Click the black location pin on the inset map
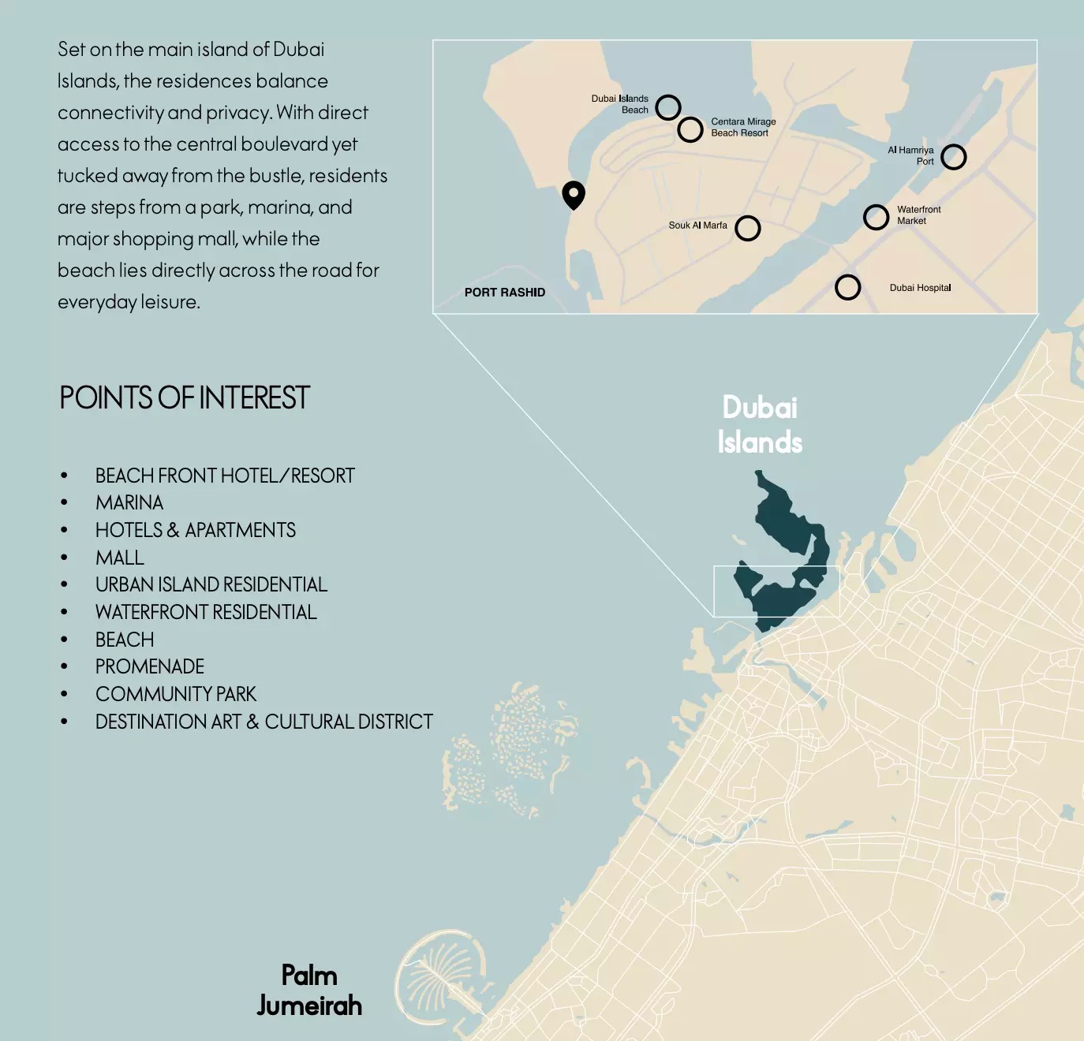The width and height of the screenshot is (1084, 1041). pyautogui.click(x=574, y=194)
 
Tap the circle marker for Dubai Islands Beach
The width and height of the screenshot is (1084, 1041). pyautogui.click(x=667, y=106)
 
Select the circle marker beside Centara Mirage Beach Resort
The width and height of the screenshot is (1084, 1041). pyautogui.click(x=690, y=129)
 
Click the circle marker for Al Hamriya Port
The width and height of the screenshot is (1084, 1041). pyautogui.click(x=953, y=157)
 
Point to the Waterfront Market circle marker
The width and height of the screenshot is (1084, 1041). pyautogui.click(x=876, y=217)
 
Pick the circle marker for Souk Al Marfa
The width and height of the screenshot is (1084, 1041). pyautogui.click(x=747, y=228)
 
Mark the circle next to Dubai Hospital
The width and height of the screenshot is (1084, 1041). pyautogui.click(x=847, y=287)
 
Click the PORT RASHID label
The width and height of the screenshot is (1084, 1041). pyautogui.click(x=504, y=293)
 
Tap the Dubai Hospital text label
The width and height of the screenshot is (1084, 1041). pyautogui.click(x=920, y=288)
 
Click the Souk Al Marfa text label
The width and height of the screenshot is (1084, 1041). pyautogui.click(x=697, y=226)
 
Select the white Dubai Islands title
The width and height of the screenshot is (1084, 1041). pyautogui.click(x=760, y=424)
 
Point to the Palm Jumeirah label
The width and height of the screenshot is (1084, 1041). pyautogui.click(x=309, y=991)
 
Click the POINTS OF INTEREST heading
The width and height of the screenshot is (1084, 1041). pyautogui.click(x=185, y=398)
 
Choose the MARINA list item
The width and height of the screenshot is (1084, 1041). pyautogui.click(x=129, y=503)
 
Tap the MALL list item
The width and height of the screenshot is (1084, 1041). pyautogui.click(x=120, y=558)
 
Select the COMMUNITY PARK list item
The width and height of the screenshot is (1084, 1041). pyautogui.click(x=176, y=695)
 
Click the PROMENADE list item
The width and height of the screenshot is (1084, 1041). pyautogui.click(x=150, y=667)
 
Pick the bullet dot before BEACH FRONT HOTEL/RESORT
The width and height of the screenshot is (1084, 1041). pyautogui.click(x=65, y=476)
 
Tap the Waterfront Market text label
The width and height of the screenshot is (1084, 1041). pyautogui.click(x=918, y=215)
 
